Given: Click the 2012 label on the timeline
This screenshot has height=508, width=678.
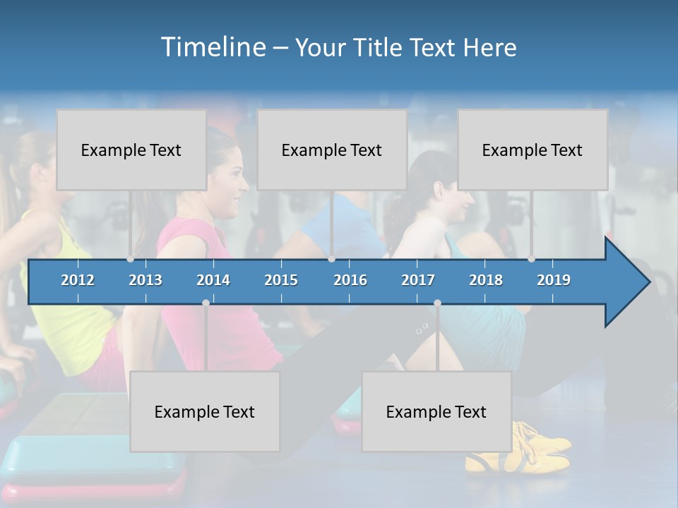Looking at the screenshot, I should click(x=78, y=280).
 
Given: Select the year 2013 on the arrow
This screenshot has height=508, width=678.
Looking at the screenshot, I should click(x=145, y=280).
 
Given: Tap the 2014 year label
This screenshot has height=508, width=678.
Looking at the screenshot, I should click(x=213, y=280).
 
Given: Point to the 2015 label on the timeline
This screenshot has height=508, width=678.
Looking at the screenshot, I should click(x=281, y=280).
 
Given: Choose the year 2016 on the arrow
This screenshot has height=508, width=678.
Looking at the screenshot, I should click(x=350, y=280).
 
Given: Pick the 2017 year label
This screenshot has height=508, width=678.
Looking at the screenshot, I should click(x=418, y=280).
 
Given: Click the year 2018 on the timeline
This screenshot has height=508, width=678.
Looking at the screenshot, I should click(x=486, y=280).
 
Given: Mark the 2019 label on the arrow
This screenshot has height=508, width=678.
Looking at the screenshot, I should click(x=554, y=280).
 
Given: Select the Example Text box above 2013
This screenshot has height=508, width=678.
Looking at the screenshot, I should click(x=131, y=150).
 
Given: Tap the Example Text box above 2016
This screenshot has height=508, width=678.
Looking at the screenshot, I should click(x=332, y=150).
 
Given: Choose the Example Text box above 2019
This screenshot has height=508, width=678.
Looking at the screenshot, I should click(x=533, y=150).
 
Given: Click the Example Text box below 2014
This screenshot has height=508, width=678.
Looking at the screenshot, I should click(x=205, y=411).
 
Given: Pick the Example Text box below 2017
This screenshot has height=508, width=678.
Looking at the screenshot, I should click(x=436, y=411).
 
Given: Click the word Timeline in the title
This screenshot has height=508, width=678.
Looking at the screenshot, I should click(x=211, y=47).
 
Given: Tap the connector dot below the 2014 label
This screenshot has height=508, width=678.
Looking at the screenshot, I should click(x=206, y=303).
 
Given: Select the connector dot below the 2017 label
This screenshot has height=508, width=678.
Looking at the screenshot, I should click(x=437, y=303).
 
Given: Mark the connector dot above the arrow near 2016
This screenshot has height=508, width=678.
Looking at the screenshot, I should click(x=332, y=258).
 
